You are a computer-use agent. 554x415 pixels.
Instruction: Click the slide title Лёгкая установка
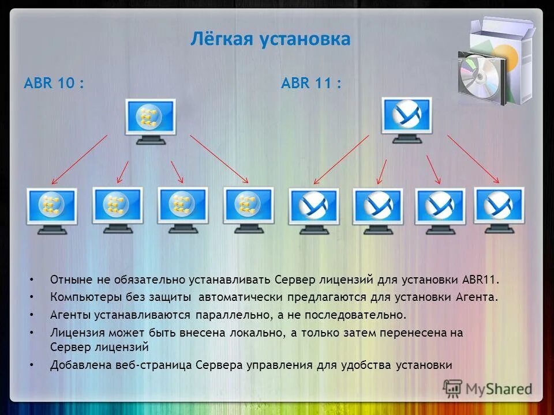pyautogui.click(x=270, y=39)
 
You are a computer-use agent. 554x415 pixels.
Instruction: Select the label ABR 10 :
pyautogui.click(x=54, y=84)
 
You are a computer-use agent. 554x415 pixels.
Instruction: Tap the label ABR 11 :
pyautogui.click(x=311, y=84)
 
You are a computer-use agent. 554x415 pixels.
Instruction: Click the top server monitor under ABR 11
pyautogui.click(x=406, y=118)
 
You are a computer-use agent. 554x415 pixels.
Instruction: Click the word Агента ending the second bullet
pyautogui.click(x=477, y=297)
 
